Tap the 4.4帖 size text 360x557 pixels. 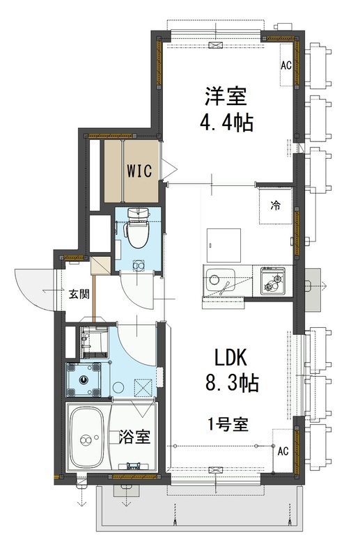pyautogui.click(x=226, y=123)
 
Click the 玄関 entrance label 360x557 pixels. pyautogui.click(x=78, y=294)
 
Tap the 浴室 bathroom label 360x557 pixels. pyautogui.click(x=134, y=437)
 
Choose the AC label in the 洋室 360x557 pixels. pyautogui.click(x=285, y=66)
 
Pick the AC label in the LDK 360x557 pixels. pyautogui.click(x=283, y=450)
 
